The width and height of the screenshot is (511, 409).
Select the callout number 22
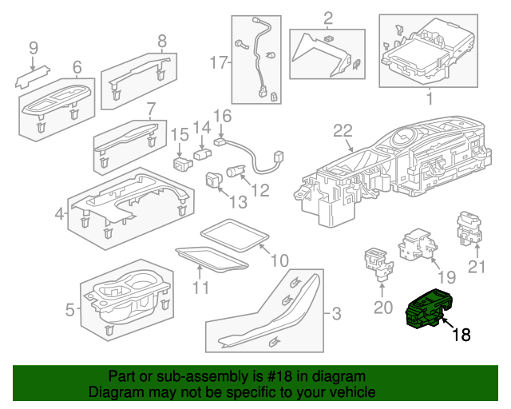pos(343,131)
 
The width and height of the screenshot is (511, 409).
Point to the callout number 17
pos(219,62)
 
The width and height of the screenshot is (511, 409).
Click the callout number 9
pos(33,50)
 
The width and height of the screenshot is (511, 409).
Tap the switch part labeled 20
pos(376,261)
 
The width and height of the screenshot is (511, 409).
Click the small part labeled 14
pos(203,152)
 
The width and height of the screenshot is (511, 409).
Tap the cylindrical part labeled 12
pos(237,170)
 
